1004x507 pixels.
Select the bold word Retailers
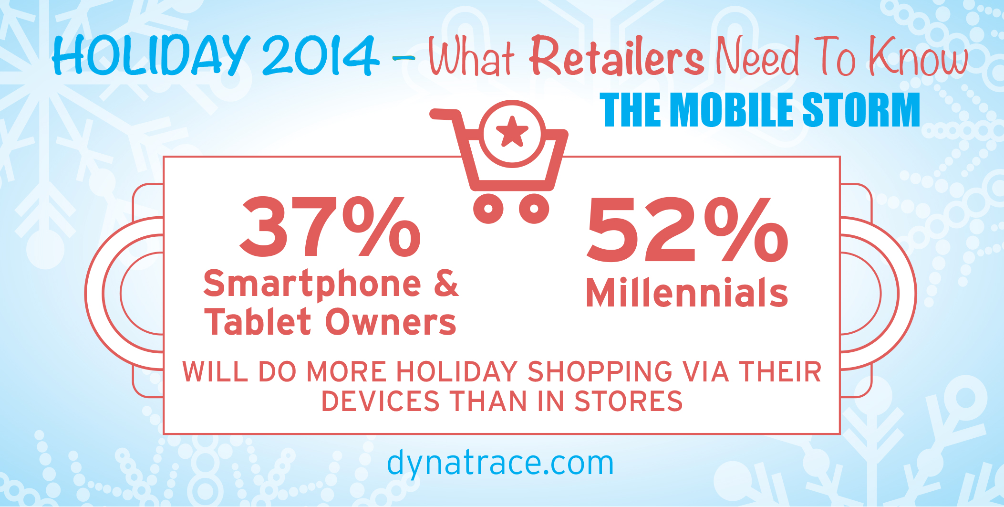click(x=617, y=56)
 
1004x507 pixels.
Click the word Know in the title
click(x=918, y=56)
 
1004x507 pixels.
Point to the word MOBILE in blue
click(x=733, y=110)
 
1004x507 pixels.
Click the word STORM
click(x=861, y=110)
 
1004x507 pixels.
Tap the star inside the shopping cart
click(x=512, y=131)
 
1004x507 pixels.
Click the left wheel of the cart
click(x=488, y=208)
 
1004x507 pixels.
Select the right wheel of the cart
click(x=534, y=208)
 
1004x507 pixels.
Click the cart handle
click(x=446, y=115)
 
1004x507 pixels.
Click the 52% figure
click(x=687, y=230)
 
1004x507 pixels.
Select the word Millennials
click(x=687, y=292)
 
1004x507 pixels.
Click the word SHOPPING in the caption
click(x=600, y=371)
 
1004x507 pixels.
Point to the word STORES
click(x=629, y=401)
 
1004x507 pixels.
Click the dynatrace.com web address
click(x=500, y=463)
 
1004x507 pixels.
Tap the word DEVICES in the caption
click(x=381, y=401)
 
